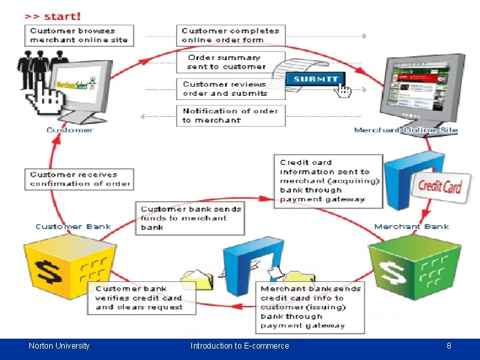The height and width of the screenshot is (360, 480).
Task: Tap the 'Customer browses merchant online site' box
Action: tap(79, 35)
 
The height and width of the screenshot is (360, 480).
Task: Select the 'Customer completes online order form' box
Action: tap(231, 35)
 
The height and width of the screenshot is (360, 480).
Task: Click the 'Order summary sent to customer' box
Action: tap(227, 62)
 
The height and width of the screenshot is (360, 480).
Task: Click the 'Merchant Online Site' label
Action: tap(405, 130)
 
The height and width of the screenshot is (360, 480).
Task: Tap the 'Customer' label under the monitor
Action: tap(69, 130)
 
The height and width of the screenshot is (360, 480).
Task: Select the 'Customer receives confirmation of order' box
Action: tap(79, 179)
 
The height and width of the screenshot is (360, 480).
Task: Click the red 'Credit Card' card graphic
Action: tap(439, 187)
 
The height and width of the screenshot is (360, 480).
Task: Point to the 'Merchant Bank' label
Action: tap(411, 227)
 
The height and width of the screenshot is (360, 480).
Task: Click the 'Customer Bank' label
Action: tap(73, 227)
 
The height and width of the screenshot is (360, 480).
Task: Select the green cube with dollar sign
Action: tap(413, 271)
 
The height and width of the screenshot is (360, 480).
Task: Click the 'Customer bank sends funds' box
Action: tap(190, 218)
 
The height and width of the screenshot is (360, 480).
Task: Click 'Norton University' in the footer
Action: tap(59, 346)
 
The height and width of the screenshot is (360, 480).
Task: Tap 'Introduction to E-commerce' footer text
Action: tap(239, 346)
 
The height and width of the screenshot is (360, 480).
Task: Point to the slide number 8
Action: tap(449, 346)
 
